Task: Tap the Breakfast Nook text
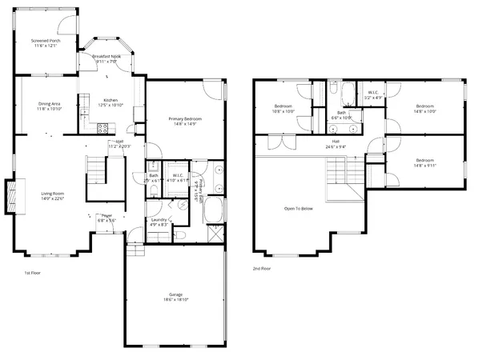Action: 106,56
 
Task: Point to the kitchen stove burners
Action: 102,126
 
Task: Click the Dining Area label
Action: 50,105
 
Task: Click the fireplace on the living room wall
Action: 10,196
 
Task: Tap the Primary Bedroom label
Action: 185,118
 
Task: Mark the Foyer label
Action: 106,216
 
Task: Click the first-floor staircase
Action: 97,170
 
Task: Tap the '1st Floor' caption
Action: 33,272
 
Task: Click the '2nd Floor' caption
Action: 261,269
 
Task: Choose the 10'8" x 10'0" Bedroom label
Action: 284,108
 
